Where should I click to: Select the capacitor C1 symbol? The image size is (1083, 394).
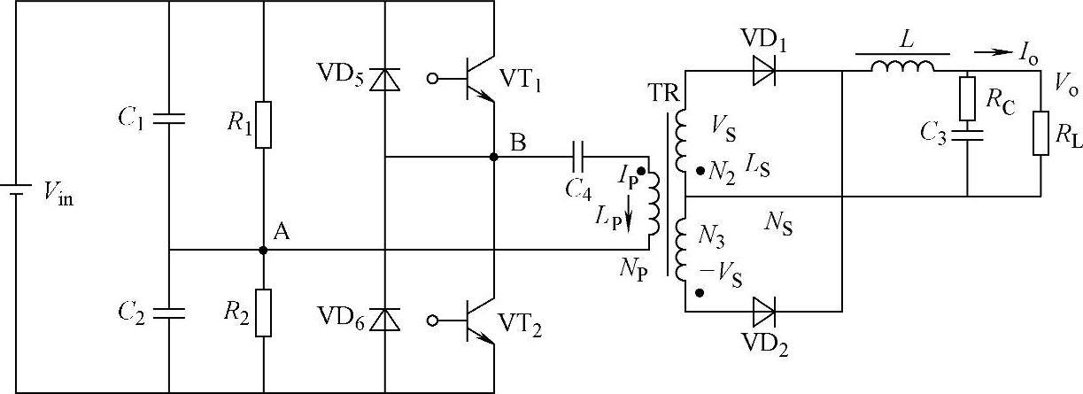tap(168, 119)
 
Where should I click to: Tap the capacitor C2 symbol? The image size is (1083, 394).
tap(168, 312)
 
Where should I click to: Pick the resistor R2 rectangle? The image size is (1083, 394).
tap(263, 313)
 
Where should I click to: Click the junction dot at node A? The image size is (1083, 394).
tap(263, 251)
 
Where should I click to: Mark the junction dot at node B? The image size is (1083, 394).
tap(493, 157)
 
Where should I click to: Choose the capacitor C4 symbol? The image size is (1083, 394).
tap(578, 157)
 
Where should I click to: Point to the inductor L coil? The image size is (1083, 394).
tap(901, 66)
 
